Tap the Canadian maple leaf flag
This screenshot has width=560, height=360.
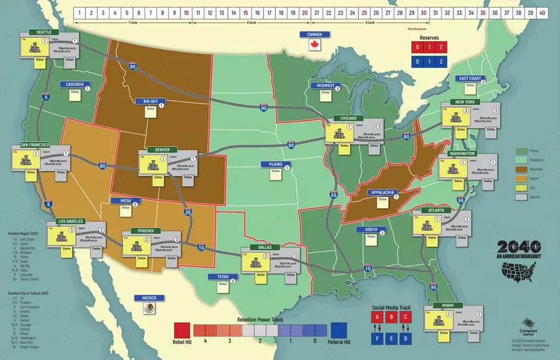coord(314,45)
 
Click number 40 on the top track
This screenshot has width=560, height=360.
coord(543,12)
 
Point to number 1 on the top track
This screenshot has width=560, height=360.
coord(80,12)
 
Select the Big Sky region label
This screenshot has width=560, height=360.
coord(150,101)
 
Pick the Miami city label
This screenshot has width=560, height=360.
coord(444,305)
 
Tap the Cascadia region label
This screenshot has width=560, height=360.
coord(75,84)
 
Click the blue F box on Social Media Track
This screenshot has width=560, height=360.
coord(377,338)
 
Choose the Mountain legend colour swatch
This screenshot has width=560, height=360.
coord(521,168)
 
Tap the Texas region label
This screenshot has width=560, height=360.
coord(222,277)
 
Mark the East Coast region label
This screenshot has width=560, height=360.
coord(470,78)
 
